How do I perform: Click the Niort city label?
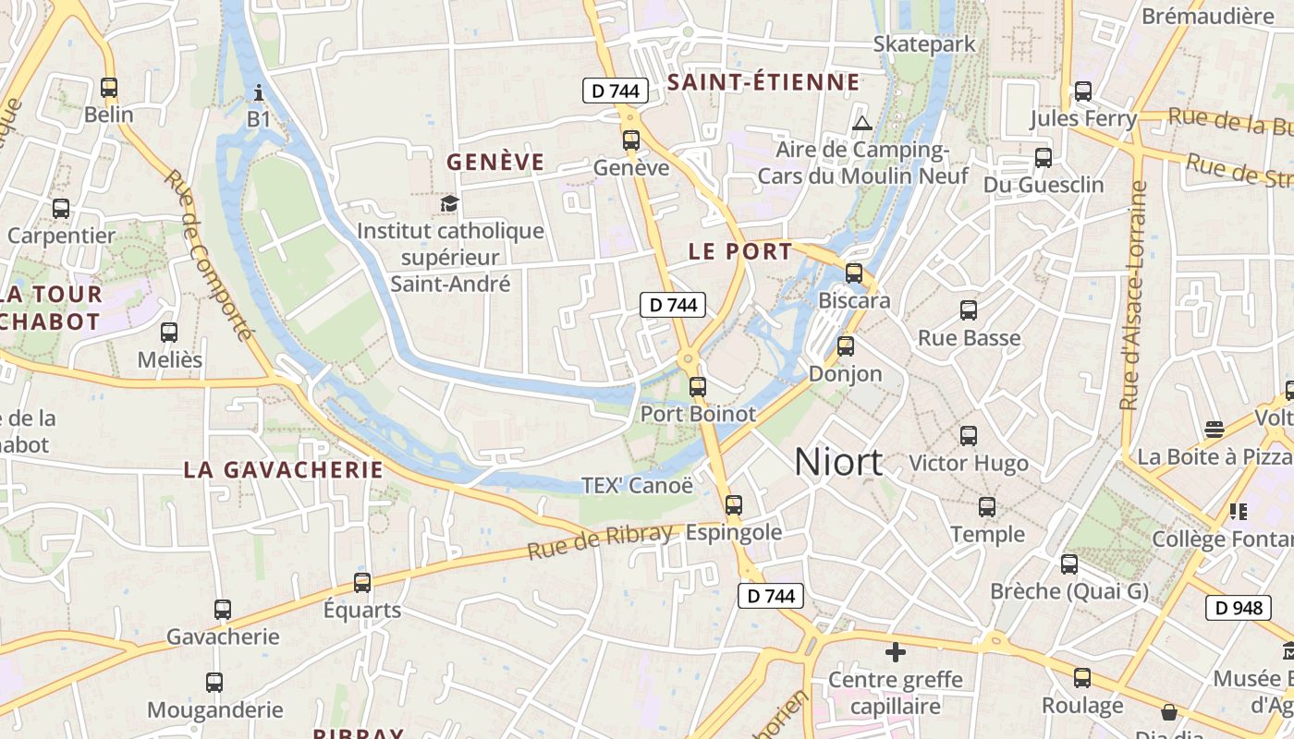coord(838,462)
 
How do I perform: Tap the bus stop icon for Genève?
coord(631,140)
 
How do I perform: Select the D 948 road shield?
coord(1238,608)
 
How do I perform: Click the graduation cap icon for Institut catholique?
coord(450,203)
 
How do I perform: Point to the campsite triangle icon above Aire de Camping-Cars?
coord(861,123)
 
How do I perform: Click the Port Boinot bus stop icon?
coord(698,387)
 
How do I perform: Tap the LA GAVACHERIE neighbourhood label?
coord(283,469)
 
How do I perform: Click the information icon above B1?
coord(259,92)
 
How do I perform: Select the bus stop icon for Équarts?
coord(362,583)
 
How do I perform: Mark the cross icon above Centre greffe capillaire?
coord(895,653)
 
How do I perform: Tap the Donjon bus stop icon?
coord(845,346)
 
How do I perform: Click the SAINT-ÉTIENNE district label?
coord(763,82)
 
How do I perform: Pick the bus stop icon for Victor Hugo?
coord(969,435)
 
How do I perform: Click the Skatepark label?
coord(924,43)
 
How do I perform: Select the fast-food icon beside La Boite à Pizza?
coord(1215,430)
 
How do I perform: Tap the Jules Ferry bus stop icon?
coord(1083,91)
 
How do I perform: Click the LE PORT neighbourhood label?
coord(740,251)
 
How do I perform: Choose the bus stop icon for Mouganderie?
coord(214,683)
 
